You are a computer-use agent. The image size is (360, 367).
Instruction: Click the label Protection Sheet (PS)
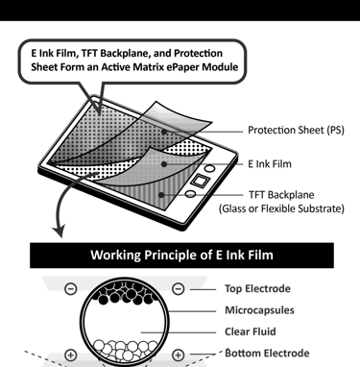point(296,131)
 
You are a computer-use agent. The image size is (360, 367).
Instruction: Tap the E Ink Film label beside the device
point(270,164)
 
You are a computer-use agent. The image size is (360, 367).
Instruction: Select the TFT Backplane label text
point(281,195)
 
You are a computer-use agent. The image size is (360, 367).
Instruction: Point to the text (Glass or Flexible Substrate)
point(281,208)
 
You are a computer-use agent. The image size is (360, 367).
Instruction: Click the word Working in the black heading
point(115,256)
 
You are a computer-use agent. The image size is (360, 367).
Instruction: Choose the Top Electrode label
point(257,288)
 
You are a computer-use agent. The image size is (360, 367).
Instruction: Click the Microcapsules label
point(259,310)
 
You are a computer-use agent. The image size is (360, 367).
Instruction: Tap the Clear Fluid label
point(251,331)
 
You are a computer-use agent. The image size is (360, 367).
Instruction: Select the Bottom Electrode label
point(267,353)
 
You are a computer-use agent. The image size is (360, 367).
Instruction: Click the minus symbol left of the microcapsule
point(71,289)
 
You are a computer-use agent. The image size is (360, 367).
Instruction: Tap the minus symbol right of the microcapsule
point(179,289)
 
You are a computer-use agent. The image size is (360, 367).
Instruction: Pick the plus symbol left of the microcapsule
point(71,355)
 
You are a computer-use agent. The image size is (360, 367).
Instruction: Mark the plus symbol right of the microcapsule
point(179,355)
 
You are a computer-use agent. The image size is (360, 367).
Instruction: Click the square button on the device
point(200,181)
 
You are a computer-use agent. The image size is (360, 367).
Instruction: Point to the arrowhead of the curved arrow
point(59,232)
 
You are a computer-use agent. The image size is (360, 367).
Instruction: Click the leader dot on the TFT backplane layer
point(161,195)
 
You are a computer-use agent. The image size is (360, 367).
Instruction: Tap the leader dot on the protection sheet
point(164,132)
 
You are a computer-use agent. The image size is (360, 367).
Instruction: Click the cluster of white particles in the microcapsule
point(125,350)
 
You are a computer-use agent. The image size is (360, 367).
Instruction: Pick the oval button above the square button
point(209,168)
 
